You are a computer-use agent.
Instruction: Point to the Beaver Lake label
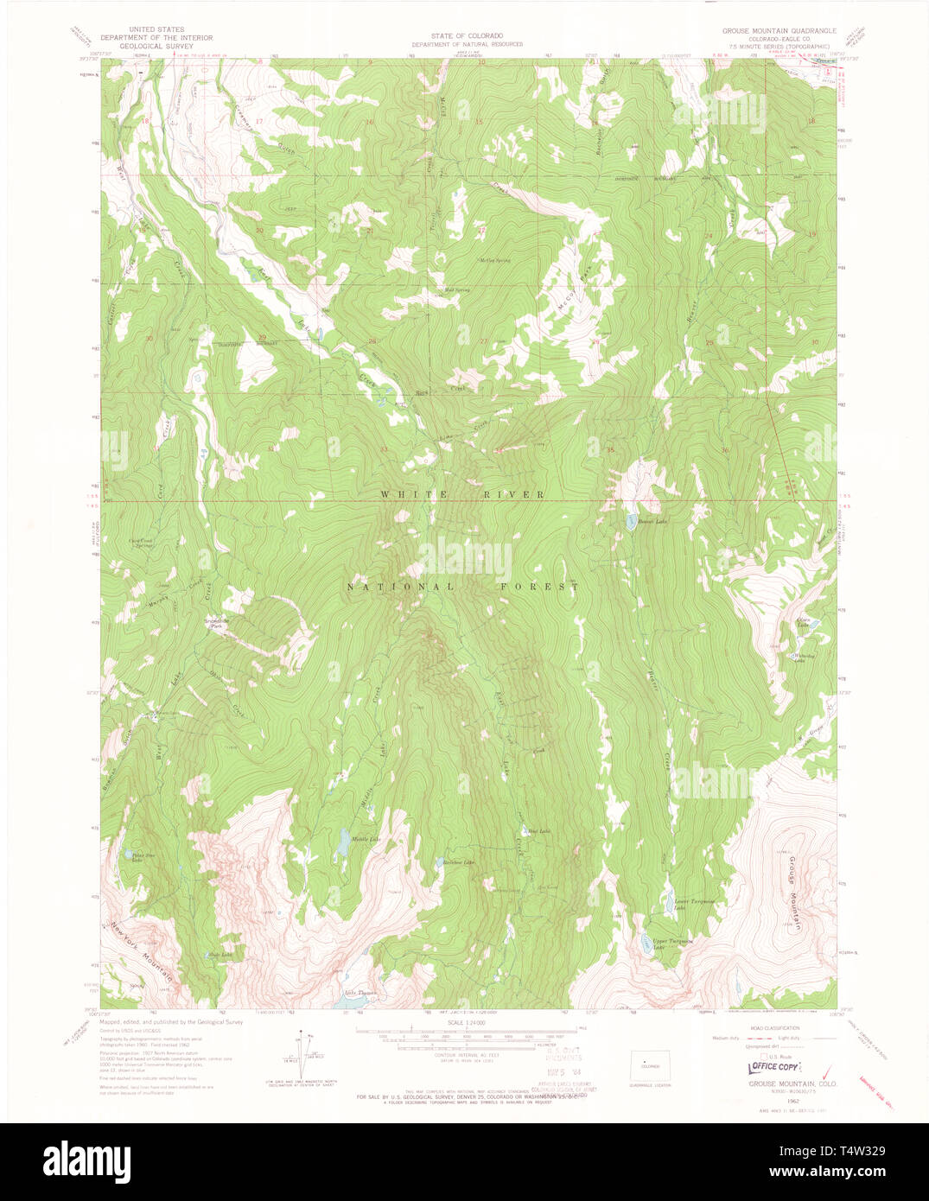[652, 521]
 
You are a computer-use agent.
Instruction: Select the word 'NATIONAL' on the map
[388, 587]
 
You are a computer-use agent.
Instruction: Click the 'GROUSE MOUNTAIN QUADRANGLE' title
[779, 31]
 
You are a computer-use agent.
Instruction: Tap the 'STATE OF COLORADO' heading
[467, 35]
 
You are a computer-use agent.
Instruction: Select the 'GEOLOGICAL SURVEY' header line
[156, 48]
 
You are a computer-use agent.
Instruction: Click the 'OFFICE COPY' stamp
[774, 1067]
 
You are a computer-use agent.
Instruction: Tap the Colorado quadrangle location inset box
[649, 1064]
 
